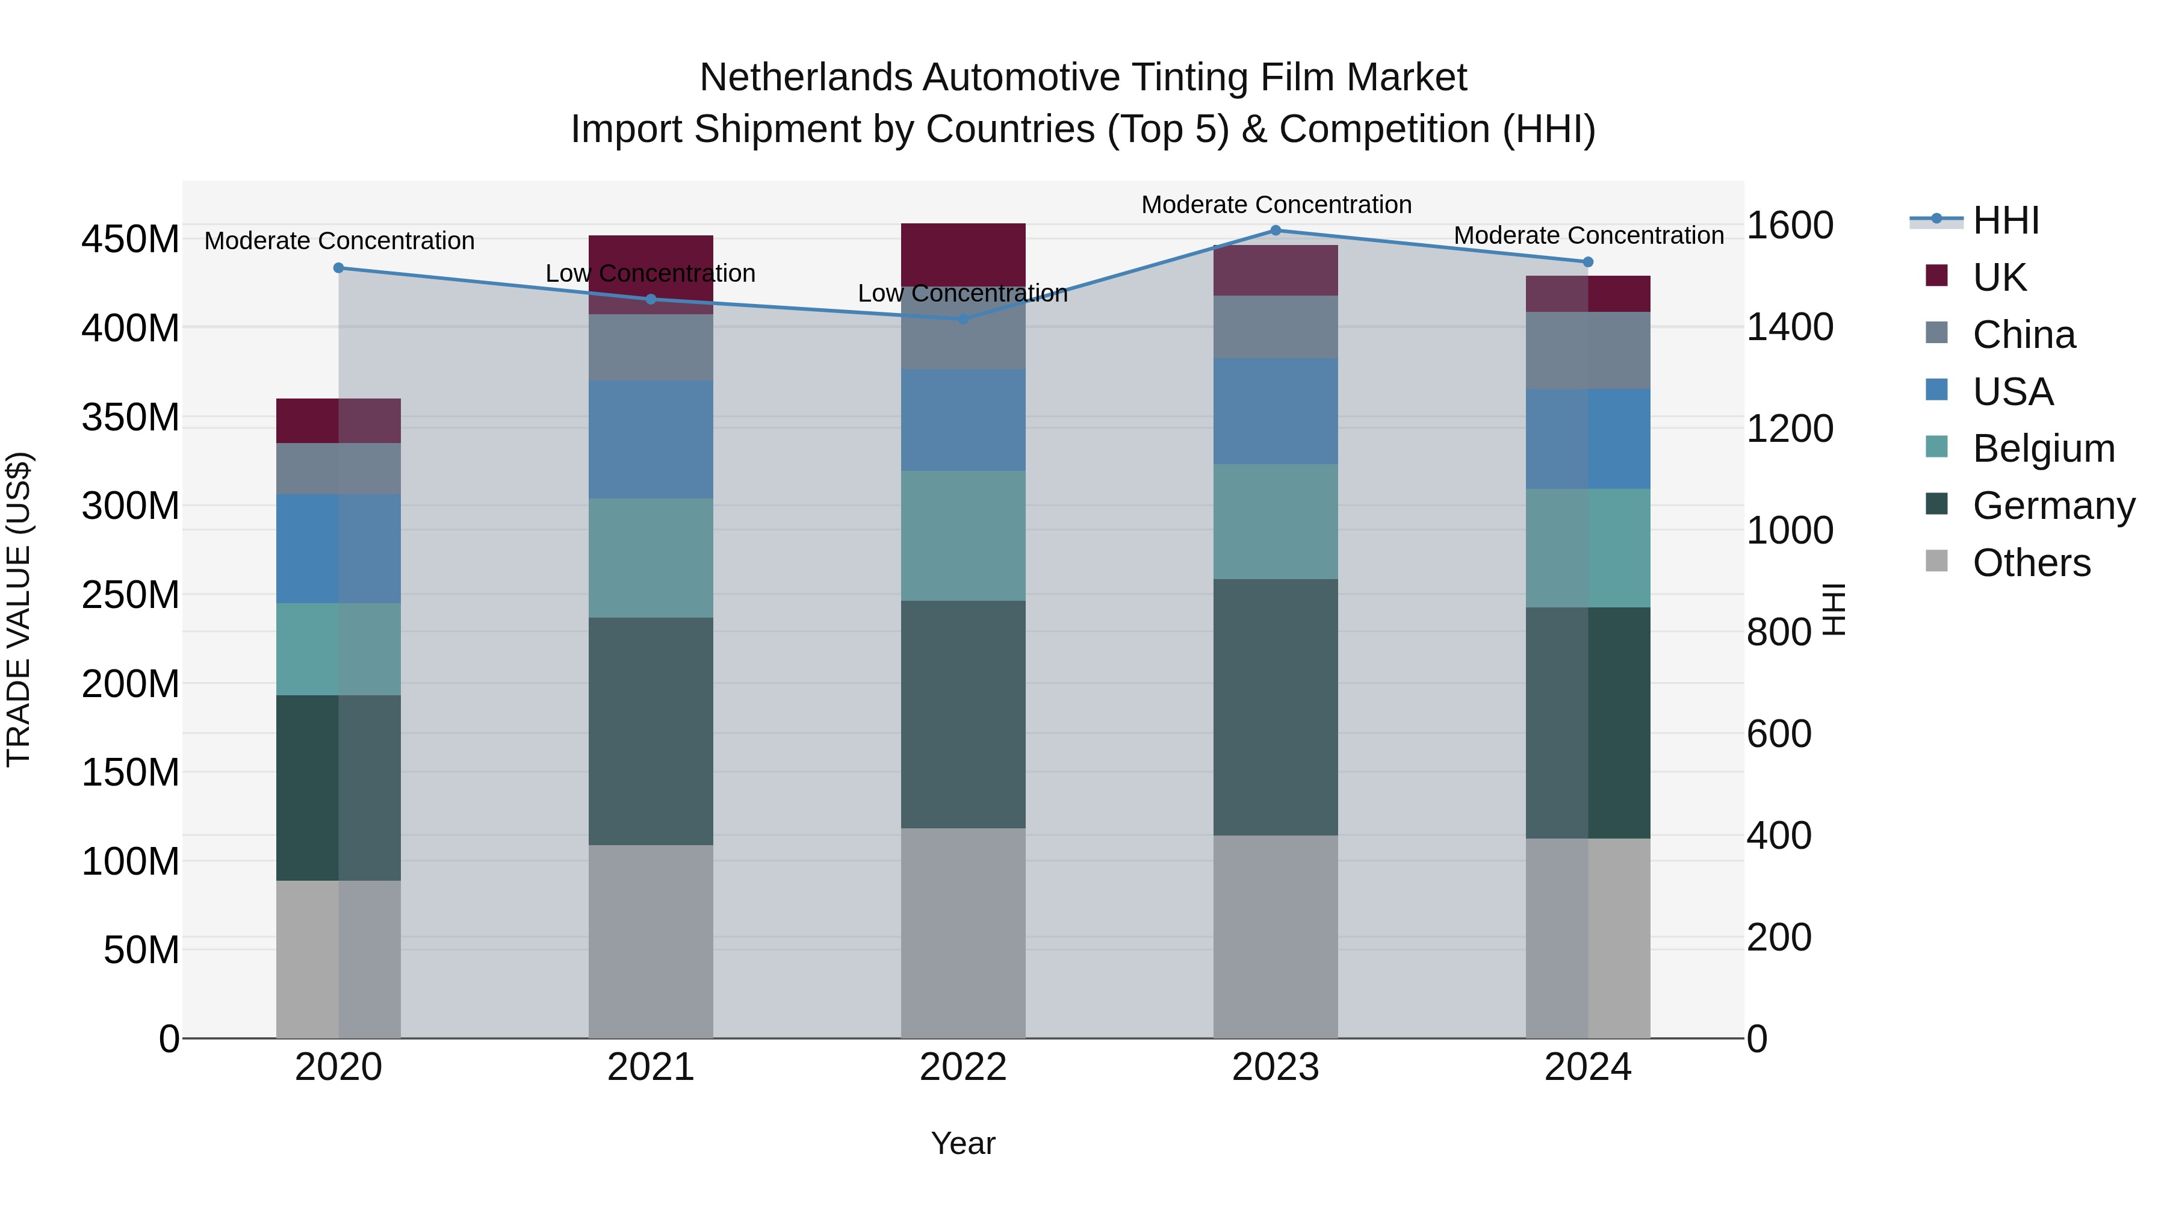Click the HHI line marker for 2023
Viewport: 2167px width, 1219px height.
[x=1276, y=231]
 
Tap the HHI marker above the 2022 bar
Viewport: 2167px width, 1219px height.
[x=963, y=320]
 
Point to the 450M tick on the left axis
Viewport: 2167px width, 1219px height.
[x=131, y=240]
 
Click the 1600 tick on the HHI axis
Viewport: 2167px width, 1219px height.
[x=1790, y=226]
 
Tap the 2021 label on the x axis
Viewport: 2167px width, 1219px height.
[x=650, y=1067]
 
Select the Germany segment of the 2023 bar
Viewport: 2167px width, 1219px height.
[x=1276, y=707]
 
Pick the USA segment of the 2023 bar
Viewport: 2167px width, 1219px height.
[x=1276, y=411]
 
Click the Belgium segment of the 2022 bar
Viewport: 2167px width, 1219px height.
[x=963, y=535]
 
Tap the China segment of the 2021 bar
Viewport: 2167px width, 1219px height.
[x=650, y=347]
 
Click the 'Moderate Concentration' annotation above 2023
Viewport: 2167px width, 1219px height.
[x=1276, y=205]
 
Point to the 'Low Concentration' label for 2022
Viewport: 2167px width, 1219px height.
[x=963, y=294]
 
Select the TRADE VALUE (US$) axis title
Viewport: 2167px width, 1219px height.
[x=19, y=609]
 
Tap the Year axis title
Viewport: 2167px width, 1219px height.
[x=963, y=1143]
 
